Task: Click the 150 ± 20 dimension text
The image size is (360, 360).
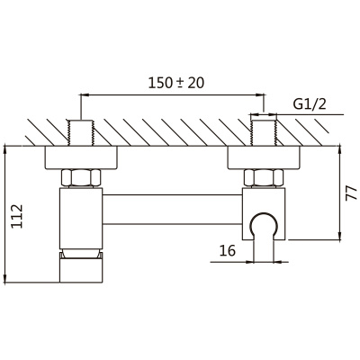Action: point(176,83)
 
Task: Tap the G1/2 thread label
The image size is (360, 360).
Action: point(310,104)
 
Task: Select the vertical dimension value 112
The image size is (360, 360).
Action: point(17,216)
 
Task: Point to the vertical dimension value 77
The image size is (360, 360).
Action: point(351,193)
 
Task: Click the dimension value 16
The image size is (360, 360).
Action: point(228,250)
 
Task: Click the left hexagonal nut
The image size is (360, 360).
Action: point(81,177)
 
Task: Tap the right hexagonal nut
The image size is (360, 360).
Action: point(264,177)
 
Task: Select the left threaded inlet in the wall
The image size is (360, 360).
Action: point(81,133)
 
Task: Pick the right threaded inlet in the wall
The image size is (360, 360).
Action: point(264,133)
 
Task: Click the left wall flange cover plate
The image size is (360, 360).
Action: point(81,157)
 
